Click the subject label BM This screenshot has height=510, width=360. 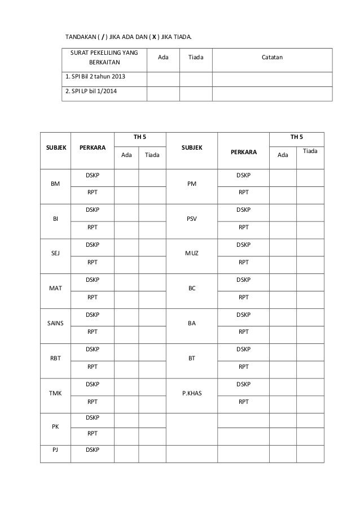pos(55,184)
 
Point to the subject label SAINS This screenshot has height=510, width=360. pos(55,322)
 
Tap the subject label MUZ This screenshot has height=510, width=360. pos(191,253)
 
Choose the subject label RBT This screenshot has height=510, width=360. pos(55,358)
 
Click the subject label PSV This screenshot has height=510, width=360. pos(191,219)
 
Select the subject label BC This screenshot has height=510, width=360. pos(191,288)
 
